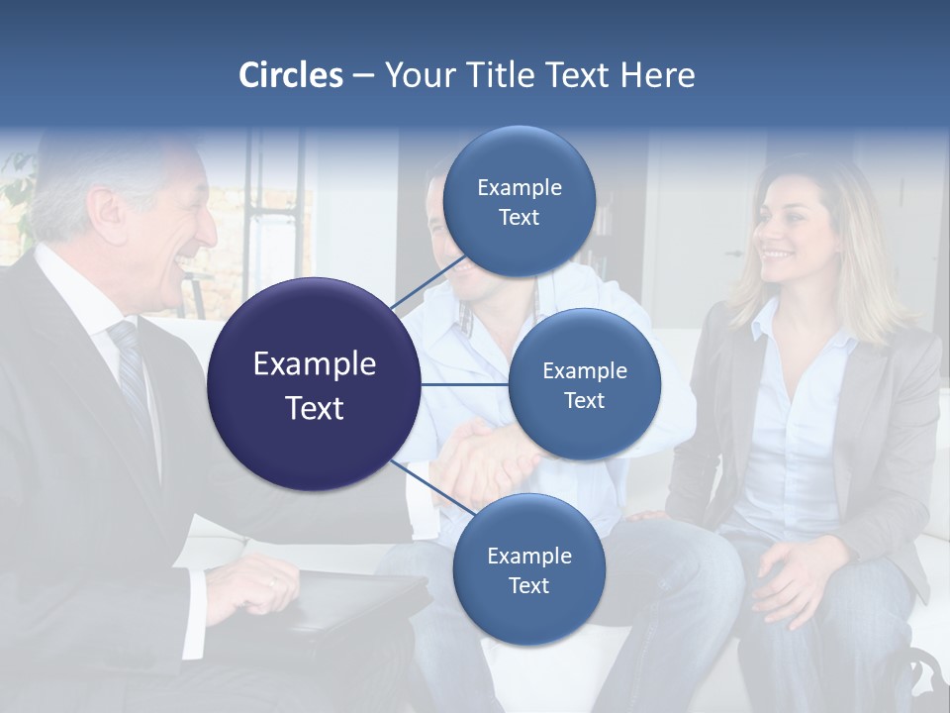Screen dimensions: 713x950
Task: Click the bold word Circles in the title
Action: click(291, 75)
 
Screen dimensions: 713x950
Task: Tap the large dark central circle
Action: click(315, 384)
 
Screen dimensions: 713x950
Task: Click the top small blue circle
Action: click(519, 201)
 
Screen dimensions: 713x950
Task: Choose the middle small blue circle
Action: click(584, 384)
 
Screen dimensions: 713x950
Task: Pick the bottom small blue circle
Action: click(527, 569)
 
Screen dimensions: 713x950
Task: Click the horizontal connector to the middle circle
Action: click(465, 384)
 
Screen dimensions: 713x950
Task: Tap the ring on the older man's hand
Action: click(273, 582)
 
